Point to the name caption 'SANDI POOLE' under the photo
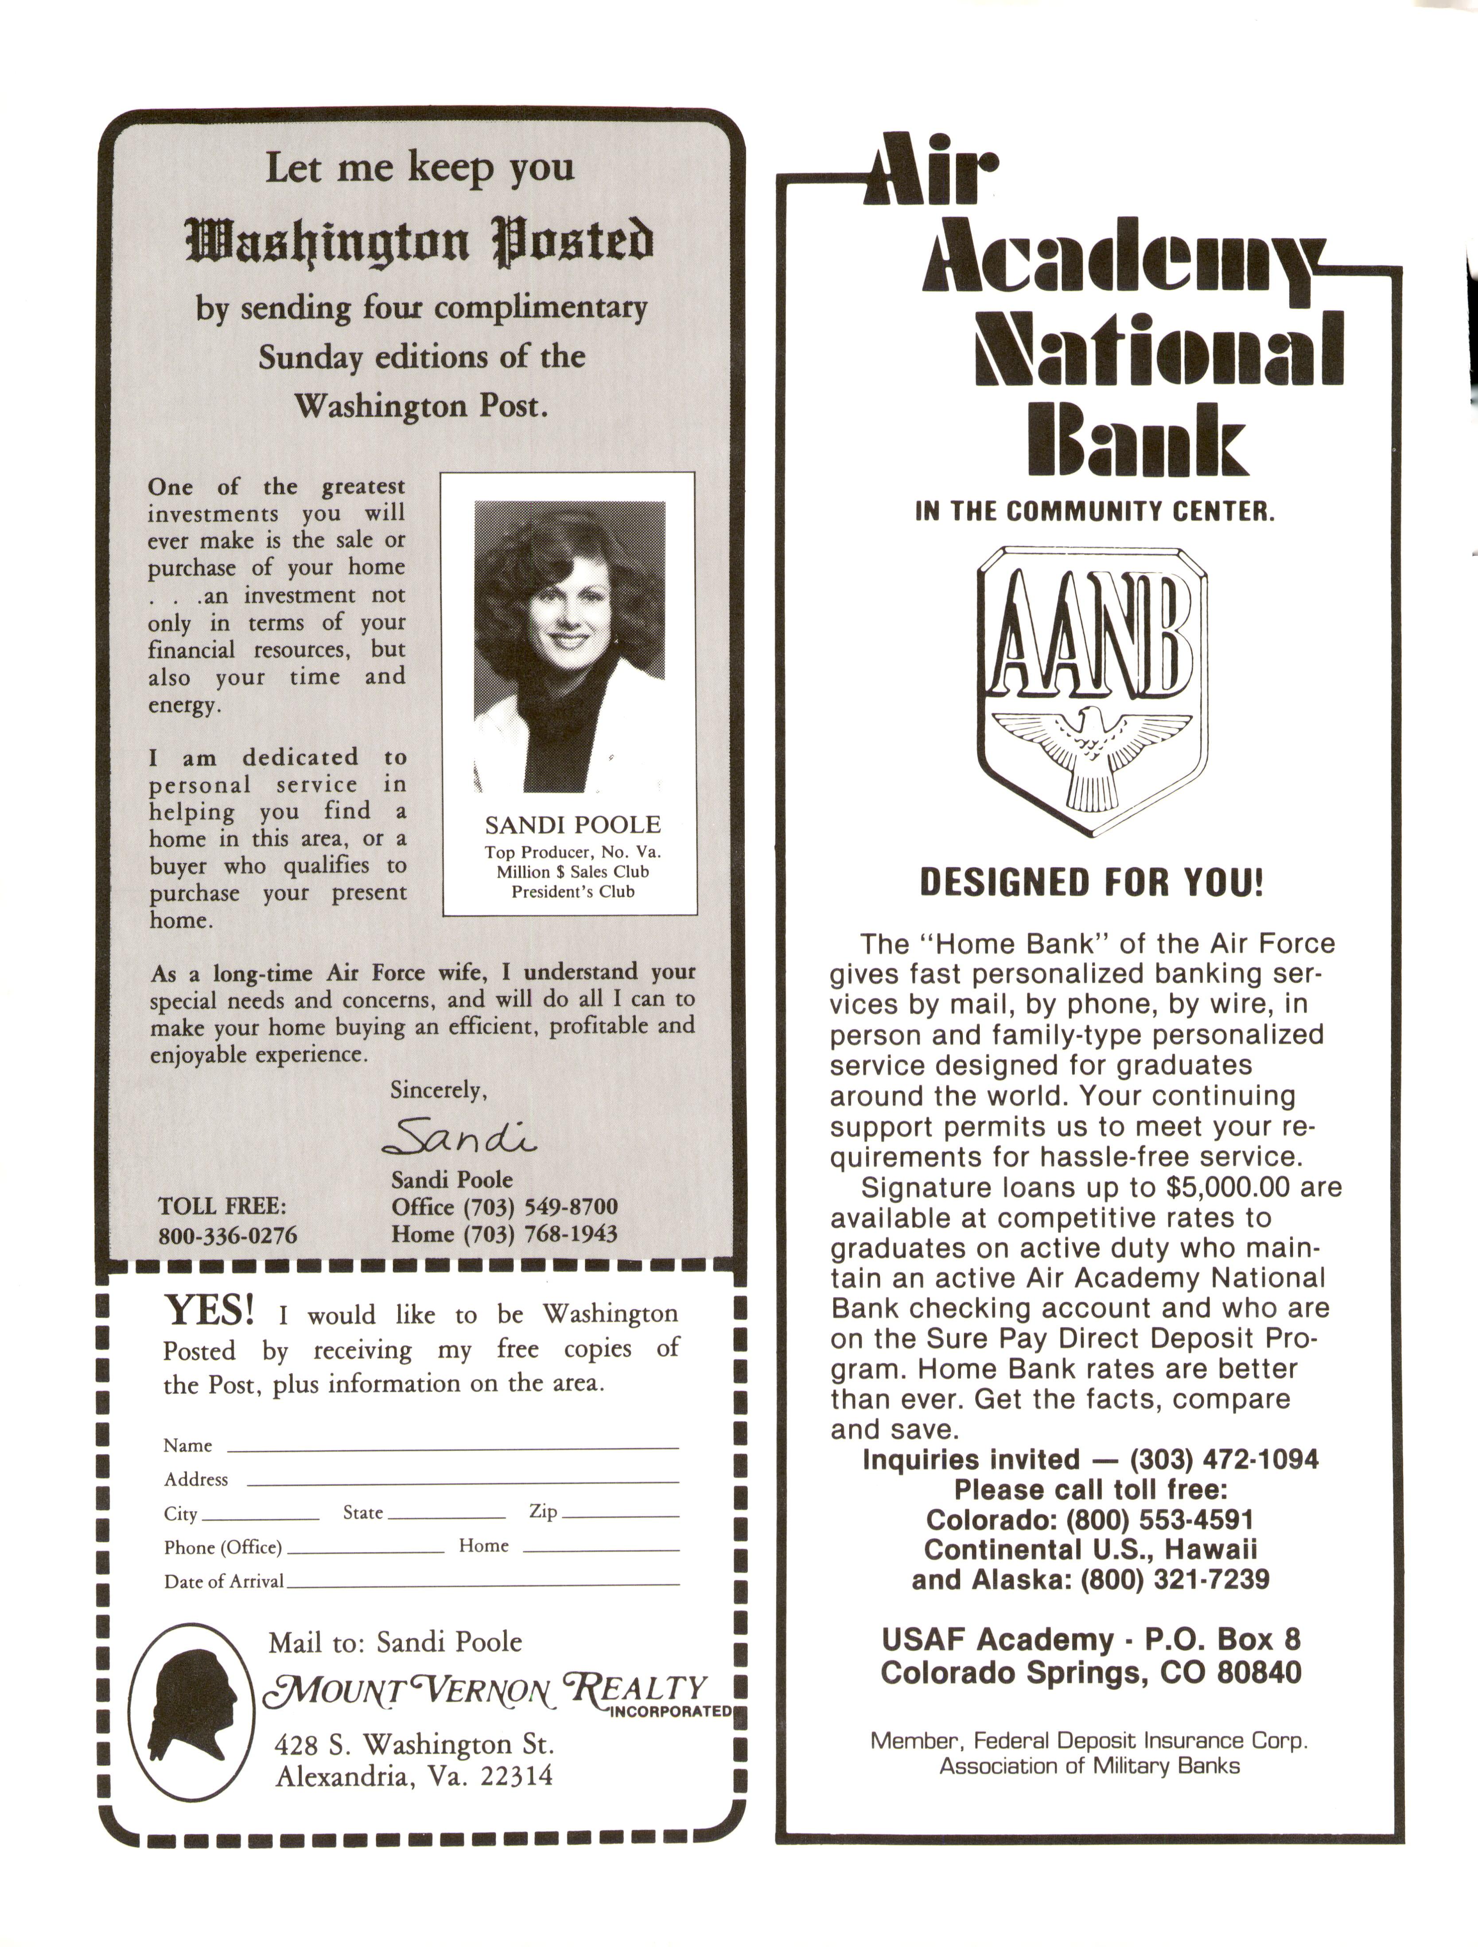(572, 825)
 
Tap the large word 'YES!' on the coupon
(210, 1311)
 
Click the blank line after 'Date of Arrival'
(482, 1585)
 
